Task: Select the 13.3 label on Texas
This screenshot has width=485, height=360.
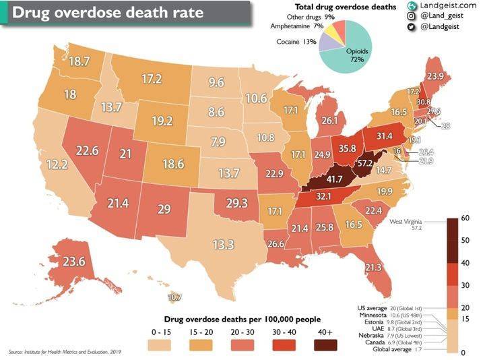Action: click(223, 244)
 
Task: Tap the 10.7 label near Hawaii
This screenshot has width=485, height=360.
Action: click(174, 297)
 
